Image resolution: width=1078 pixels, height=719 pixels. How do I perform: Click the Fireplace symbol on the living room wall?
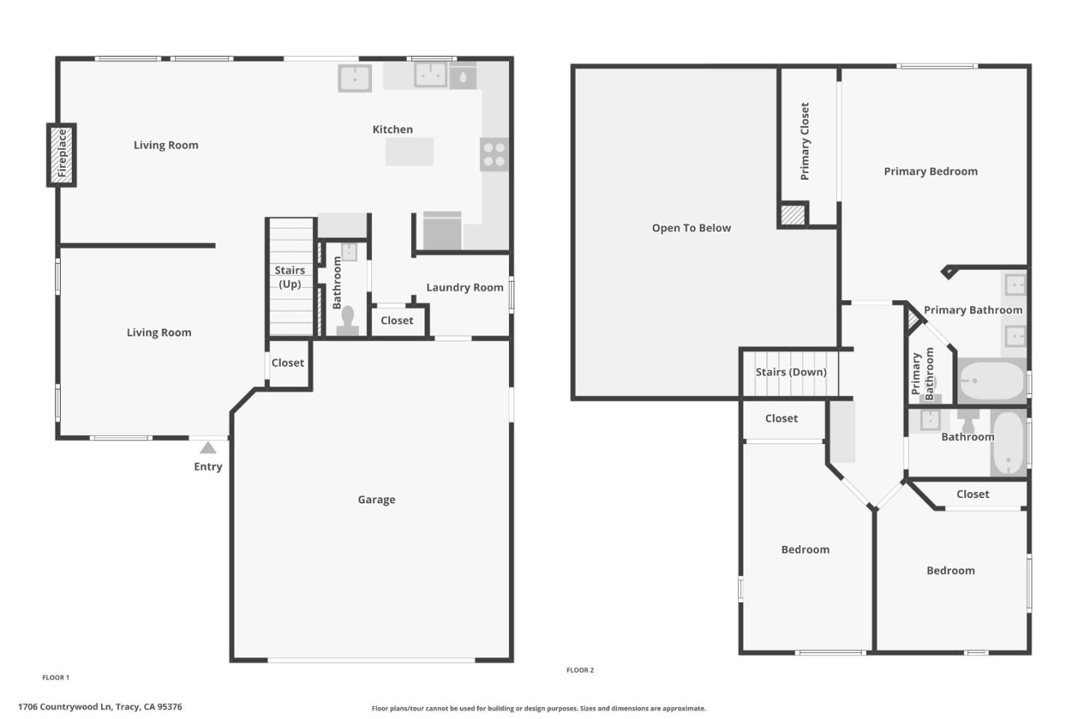(x=62, y=154)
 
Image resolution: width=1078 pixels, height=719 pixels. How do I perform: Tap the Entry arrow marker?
(x=208, y=448)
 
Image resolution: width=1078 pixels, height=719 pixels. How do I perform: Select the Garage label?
(x=377, y=500)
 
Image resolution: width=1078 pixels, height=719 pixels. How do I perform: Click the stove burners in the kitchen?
(x=494, y=154)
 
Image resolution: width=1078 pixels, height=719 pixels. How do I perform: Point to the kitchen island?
(x=409, y=151)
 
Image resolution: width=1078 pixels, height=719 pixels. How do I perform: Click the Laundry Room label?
(x=464, y=288)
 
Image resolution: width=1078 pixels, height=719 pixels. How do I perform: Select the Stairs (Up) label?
(x=290, y=277)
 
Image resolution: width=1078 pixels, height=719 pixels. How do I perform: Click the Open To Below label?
(x=691, y=228)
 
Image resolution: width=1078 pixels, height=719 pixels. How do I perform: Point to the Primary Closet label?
(x=805, y=142)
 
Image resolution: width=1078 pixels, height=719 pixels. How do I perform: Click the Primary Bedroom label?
(x=931, y=172)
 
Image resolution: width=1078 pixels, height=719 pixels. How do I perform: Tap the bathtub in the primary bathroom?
(x=992, y=380)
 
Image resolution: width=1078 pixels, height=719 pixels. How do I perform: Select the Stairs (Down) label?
(x=791, y=372)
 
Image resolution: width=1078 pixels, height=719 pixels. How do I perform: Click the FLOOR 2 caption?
(x=580, y=670)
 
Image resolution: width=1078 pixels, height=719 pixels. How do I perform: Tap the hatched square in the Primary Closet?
(x=793, y=214)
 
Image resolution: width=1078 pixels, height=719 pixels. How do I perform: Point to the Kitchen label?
(x=392, y=130)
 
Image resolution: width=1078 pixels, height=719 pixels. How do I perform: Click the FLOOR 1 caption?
(x=55, y=678)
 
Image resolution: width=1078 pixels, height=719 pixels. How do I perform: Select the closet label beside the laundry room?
(x=397, y=321)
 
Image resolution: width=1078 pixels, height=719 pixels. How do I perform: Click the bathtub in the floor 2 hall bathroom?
(x=1008, y=443)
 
